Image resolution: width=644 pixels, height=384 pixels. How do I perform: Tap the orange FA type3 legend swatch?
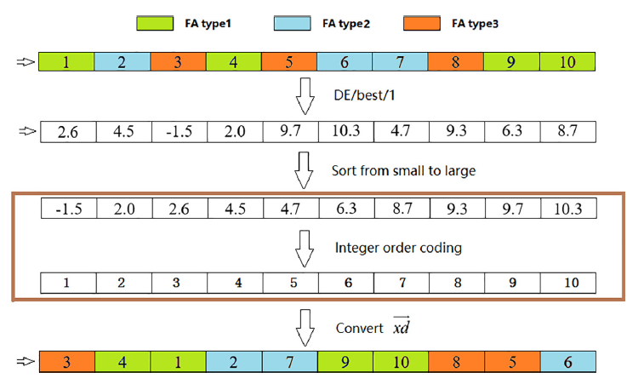click(x=429, y=23)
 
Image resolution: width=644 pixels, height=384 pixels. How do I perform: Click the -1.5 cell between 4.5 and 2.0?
click(x=178, y=132)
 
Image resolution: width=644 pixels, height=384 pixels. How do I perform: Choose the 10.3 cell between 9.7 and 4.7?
click(x=345, y=132)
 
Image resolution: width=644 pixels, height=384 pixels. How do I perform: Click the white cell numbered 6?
click(x=345, y=283)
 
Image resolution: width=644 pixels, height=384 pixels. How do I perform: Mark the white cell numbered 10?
click(x=567, y=283)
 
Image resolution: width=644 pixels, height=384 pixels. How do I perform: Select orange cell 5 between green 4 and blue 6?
click(x=288, y=61)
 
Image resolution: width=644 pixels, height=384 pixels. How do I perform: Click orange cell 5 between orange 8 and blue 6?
click(x=510, y=362)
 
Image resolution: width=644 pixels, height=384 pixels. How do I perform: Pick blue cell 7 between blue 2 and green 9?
click(x=288, y=362)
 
